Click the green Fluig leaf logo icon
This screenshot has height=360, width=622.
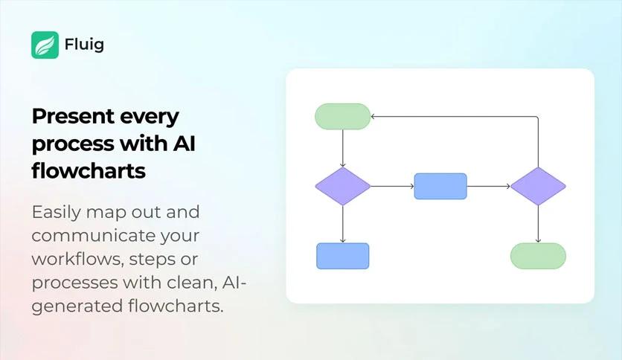pos(45,45)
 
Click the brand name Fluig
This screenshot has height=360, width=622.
pos(84,45)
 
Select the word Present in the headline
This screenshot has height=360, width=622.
pos(73,116)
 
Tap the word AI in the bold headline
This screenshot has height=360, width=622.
pos(184,143)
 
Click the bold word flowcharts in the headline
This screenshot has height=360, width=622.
pos(89,170)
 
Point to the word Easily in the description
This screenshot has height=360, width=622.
pos(57,213)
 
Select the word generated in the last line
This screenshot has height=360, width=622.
pos(77,307)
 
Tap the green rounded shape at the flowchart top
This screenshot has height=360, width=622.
pos(343,117)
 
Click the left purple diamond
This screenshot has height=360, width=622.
pos(343,186)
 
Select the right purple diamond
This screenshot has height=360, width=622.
pos(539,186)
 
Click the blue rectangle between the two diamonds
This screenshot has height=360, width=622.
pos(440,186)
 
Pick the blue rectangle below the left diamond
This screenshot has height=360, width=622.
pos(343,256)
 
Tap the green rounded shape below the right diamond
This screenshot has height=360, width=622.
pos(539,256)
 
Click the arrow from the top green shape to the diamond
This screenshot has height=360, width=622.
pos(343,148)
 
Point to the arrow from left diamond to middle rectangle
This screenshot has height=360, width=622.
pos(392,186)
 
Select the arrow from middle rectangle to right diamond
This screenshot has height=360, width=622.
pos(489,186)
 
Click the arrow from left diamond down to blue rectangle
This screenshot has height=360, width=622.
pos(343,224)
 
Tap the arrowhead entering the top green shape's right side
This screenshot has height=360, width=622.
pos(373,117)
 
